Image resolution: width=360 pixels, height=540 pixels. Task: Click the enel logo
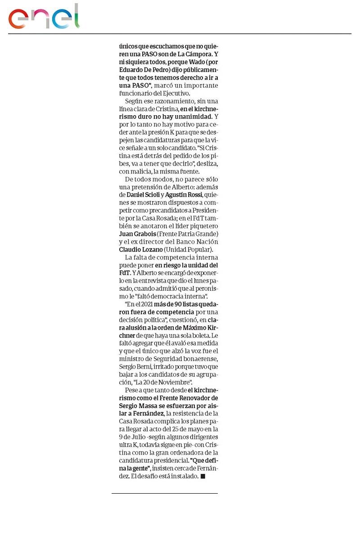(44, 18)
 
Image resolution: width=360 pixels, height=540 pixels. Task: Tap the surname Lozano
(150, 249)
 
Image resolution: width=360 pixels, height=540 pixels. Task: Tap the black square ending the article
(202, 476)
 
